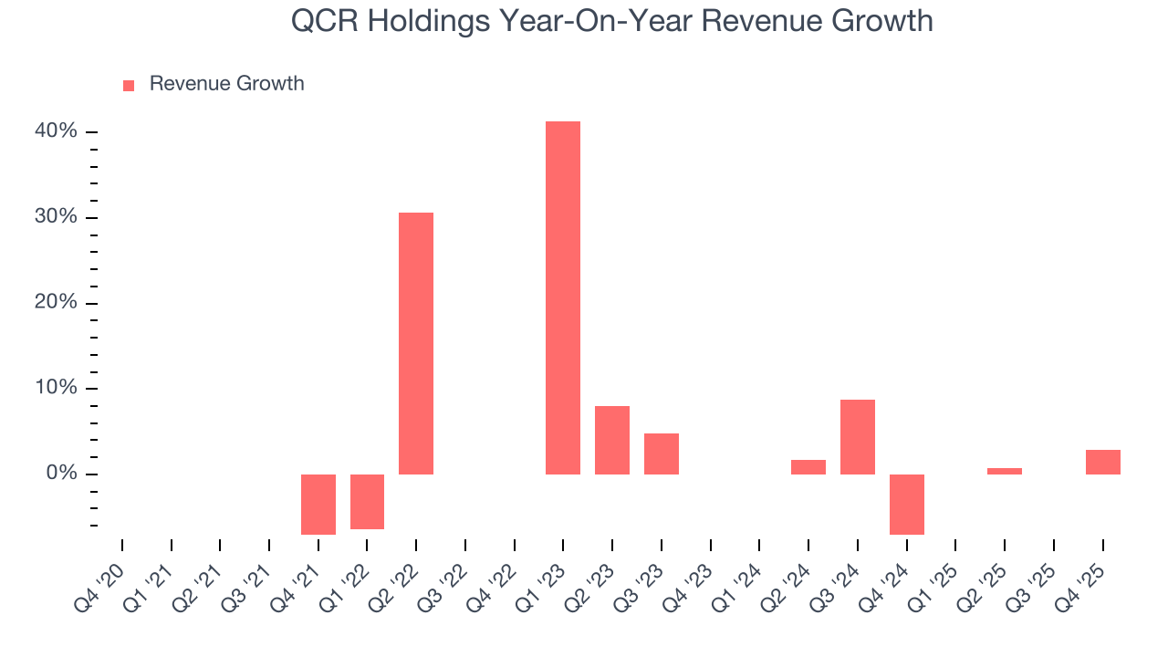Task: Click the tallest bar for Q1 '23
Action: (x=563, y=297)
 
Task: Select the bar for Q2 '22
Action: (x=416, y=343)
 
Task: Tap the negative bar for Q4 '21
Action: (x=318, y=504)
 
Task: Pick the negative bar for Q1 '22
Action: (x=367, y=501)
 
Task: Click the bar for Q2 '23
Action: (x=612, y=440)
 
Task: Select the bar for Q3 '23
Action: (x=662, y=454)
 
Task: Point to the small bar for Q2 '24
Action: (x=808, y=467)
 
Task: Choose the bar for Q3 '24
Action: (x=858, y=437)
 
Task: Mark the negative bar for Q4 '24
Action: (x=907, y=504)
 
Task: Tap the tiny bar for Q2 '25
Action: (x=1005, y=471)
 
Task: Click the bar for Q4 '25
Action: (x=1103, y=462)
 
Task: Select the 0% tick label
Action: (x=61, y=474)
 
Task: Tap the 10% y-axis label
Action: (x=57, y=388)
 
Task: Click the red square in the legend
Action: (x=129, y=85)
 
